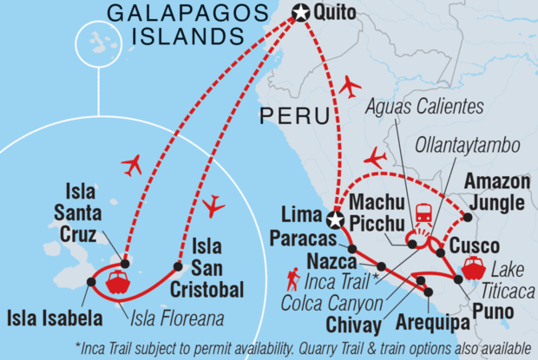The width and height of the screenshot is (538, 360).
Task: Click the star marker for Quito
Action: [301, 12]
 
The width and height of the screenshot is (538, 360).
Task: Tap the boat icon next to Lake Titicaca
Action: [473, 267]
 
